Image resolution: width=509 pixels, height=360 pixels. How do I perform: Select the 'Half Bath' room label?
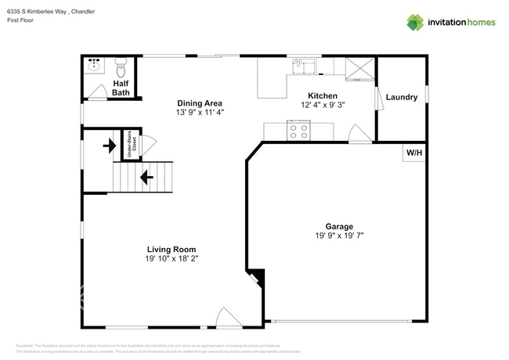click(x=121, y=88)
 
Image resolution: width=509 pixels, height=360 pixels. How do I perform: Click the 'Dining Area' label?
click(x=199, y=103)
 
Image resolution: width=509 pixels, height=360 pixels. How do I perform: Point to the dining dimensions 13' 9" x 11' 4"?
click(x=199, y=113)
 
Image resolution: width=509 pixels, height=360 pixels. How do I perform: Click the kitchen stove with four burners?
click(x=298, y=131)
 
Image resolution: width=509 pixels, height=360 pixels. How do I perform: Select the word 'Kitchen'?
click(x=322, y=95)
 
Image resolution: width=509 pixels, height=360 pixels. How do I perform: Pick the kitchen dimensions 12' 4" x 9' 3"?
click(x=322, y=105)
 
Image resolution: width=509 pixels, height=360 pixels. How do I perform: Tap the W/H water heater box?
click(x=413, y=153)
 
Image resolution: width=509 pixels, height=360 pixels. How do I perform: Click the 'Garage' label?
click(x=339, y=225)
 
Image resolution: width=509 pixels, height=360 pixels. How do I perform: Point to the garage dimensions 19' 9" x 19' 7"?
click(x=339, y=235)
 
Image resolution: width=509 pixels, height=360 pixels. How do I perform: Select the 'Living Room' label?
click(x=171, y=250)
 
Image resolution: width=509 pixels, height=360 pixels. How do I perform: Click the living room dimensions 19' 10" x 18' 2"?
click(x=171, y=259)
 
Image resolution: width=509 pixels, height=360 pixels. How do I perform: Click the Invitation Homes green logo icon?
click(x=415, y=22)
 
